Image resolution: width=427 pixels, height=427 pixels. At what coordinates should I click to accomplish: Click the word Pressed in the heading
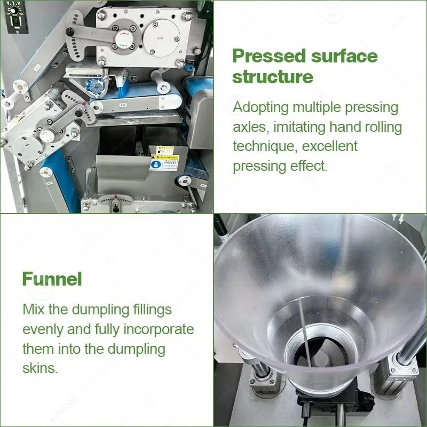[269, 56]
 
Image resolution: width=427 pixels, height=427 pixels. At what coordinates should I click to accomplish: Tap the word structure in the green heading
[273, 77]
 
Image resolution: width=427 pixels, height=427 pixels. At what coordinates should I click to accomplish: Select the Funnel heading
[52, 279]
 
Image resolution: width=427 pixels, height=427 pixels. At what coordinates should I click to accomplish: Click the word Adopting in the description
[260, 108]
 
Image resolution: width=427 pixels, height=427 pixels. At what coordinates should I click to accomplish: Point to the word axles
[251, 128]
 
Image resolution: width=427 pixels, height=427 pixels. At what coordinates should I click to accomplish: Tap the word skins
[41, 368]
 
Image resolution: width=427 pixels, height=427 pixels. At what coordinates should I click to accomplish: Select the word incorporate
[159, 329]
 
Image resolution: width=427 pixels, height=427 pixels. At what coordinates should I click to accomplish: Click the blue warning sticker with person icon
[156, 165]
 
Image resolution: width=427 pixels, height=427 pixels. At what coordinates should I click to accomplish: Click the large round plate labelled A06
[161, 38]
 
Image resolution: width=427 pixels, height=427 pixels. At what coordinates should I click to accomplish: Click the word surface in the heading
[344, 56]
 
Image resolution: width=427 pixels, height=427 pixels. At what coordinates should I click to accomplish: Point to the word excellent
[329, 146]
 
